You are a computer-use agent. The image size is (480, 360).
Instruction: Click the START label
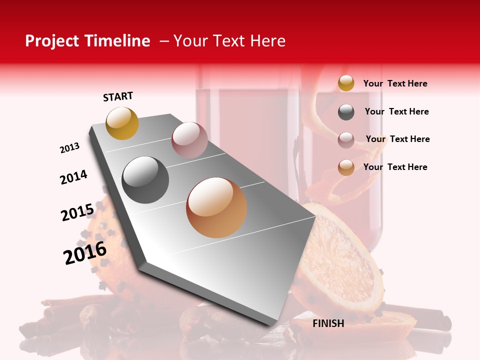click(118, 96)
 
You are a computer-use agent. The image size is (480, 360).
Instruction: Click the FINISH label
click(328, 323)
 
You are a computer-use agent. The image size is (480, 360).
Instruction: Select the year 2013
click(69, 148)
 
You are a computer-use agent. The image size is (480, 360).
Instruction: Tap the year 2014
click(73, 177)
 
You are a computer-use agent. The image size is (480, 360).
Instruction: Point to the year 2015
click(77, 212)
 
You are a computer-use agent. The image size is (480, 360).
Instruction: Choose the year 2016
click(85, 252)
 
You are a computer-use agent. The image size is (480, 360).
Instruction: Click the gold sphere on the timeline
click(122, 123)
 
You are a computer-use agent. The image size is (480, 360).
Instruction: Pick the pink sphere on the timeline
click(189, 140)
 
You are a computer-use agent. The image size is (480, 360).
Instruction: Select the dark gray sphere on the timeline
click(145, 180)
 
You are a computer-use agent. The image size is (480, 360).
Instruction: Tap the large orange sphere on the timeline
click(216, 207)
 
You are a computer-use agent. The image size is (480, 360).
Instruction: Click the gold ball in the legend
click(346, 83)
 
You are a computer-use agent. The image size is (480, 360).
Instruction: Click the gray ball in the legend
click(346, 112)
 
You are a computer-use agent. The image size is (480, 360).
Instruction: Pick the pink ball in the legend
click(346, 139)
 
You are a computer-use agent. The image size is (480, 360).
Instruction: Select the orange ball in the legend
click(346, 167)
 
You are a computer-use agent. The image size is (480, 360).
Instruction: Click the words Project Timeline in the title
click(87, 41)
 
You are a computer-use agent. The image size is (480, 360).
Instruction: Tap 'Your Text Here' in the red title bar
click(229, 41)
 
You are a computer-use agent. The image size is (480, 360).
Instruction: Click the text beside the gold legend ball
click(395, 83)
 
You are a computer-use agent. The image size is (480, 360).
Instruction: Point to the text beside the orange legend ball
click(395, 167)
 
